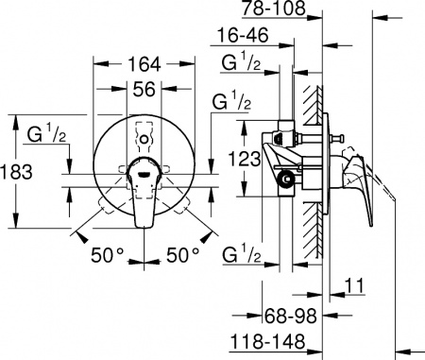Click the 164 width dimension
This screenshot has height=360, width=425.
tap(144, 65)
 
